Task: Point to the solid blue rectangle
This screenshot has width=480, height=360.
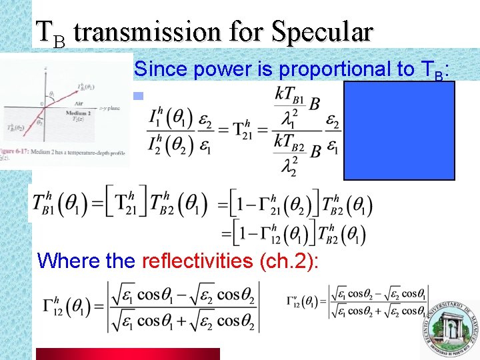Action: click(399, 131)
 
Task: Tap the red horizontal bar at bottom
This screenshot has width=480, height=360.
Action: click(127, 353)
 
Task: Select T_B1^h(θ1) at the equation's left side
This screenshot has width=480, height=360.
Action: click(57, 203)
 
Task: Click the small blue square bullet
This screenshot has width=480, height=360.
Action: click(138, 96)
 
